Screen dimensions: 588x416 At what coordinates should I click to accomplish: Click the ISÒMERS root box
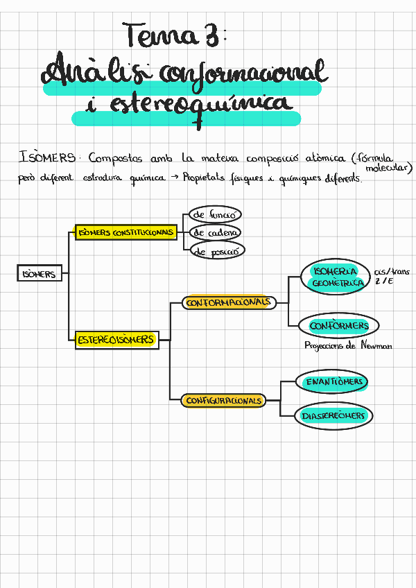[x=40, y=274]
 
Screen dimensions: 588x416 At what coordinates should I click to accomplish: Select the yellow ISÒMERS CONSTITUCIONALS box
[x=125, y=233]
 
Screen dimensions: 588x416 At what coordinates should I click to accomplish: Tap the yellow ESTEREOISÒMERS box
[x=116, y=340]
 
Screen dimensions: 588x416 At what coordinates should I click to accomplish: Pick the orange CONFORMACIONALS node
[x=229, y=303]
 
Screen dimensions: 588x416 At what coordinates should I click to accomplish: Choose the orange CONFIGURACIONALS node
[x=224, y=401]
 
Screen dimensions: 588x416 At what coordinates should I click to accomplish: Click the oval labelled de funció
[x=216, y=215]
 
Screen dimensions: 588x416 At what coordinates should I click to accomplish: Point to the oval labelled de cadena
[x=216, y=233]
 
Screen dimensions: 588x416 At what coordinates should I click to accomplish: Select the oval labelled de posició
[x=216, y=252]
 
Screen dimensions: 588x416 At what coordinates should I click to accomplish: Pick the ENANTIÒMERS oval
[x=335, y=382]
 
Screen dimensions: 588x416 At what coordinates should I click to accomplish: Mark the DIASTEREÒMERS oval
[x=333, y=416]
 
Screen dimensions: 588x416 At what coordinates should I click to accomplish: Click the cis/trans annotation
[x=392, y=272]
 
